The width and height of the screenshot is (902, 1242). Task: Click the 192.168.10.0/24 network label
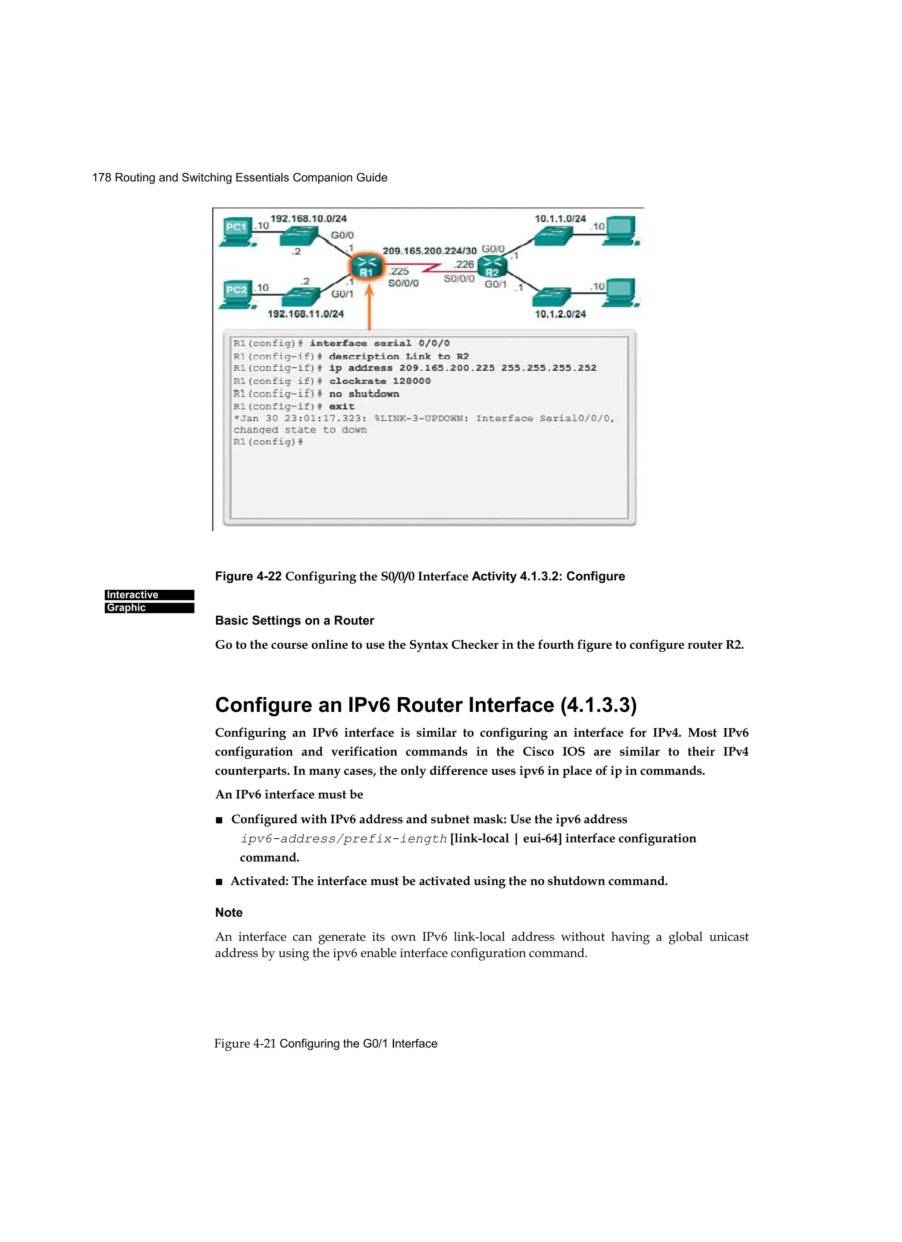309,219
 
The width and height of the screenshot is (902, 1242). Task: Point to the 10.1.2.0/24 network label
560,314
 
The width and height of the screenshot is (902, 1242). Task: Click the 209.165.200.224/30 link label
429,251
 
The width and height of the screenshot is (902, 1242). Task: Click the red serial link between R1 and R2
433,268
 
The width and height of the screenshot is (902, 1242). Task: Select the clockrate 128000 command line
379,381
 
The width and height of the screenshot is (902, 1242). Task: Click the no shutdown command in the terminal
363,394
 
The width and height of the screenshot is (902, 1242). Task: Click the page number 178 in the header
101,178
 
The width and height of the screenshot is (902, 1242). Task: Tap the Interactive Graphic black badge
149,601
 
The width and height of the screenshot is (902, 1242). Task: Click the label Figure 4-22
248,576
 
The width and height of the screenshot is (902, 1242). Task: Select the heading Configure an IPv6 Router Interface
425,705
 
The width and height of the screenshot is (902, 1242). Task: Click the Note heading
229,912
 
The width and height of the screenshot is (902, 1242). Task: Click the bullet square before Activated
219,881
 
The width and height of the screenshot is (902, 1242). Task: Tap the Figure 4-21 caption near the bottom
325,1043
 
